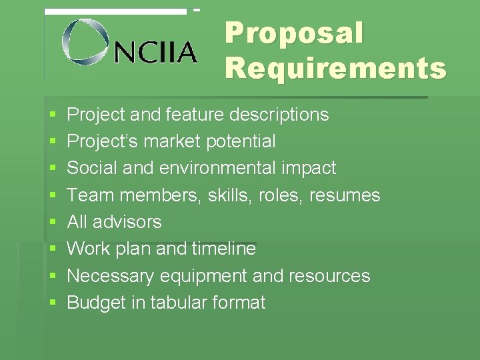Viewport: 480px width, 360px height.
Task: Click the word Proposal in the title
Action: [x=294, y=33]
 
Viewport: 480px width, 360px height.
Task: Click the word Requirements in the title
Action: [x=335, y=68]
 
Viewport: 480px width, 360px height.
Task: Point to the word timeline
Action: [x=223, y=249]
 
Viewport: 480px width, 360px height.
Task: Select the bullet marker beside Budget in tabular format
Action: [x=52, y=303]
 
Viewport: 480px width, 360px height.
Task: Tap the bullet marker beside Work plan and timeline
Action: [x=52, y=249]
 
